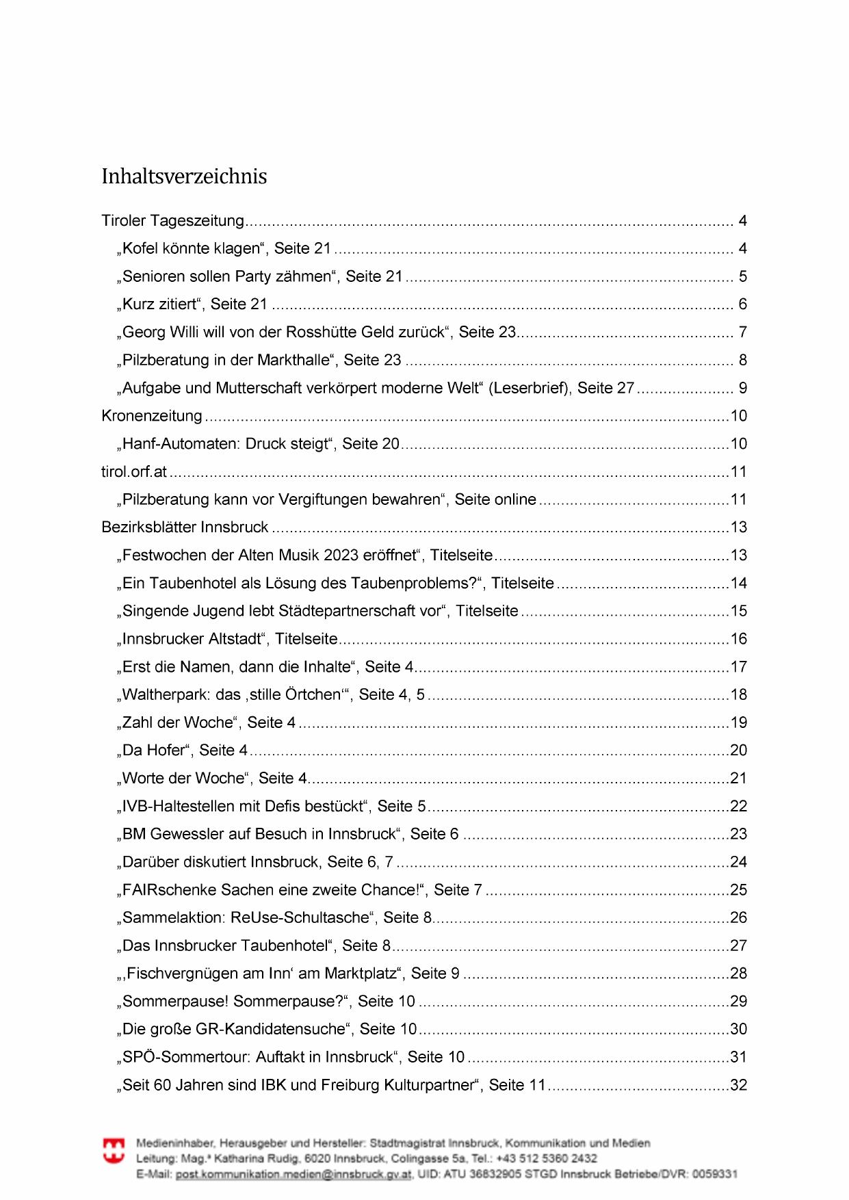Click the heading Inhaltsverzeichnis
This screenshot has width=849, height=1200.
[184, 177]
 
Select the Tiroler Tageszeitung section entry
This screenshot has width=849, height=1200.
[172, 221]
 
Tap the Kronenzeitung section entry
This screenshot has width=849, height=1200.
[152, 416]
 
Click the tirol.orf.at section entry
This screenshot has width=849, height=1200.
[134, 472]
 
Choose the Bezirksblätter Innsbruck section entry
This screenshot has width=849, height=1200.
[185, 527]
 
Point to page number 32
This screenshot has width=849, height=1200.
[739, 1085]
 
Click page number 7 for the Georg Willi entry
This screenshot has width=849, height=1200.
[743, 332]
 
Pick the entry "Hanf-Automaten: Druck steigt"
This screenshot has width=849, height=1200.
[226, 444]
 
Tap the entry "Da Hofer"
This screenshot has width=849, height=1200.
[155, 751]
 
